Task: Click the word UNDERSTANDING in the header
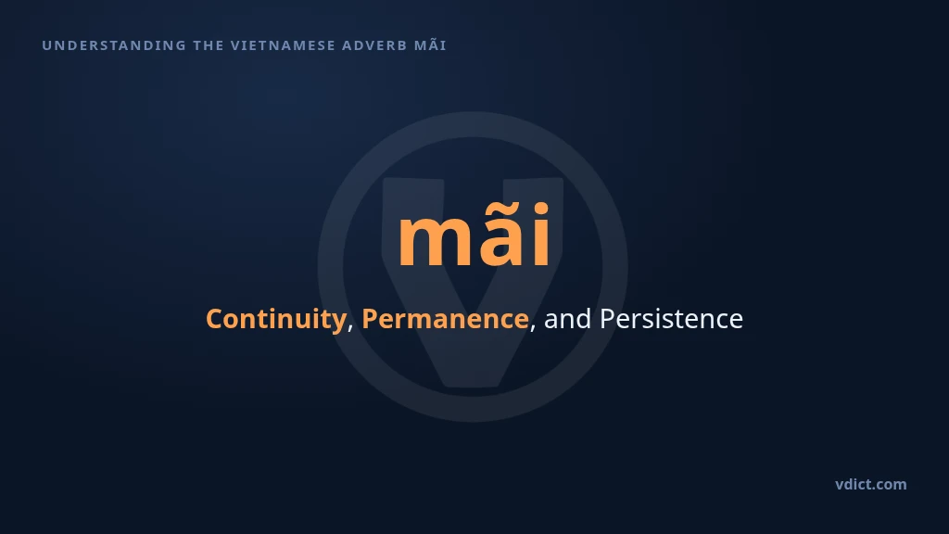pos(114,45)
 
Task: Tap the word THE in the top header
pos(209,45)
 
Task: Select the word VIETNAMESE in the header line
pos(284,45)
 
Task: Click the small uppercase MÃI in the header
pos(430,44)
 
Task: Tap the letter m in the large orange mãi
pos(432,242)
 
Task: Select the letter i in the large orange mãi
pos(540,235)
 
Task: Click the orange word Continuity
pos(276,319)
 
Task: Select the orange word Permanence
pos(445,319)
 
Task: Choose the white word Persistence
pos(671,319)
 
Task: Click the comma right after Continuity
pos(350,328)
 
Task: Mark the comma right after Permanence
pos(533,328)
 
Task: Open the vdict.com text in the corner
pos(871,484)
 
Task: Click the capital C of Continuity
pos(215,319)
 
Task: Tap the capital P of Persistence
pos(608,319)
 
